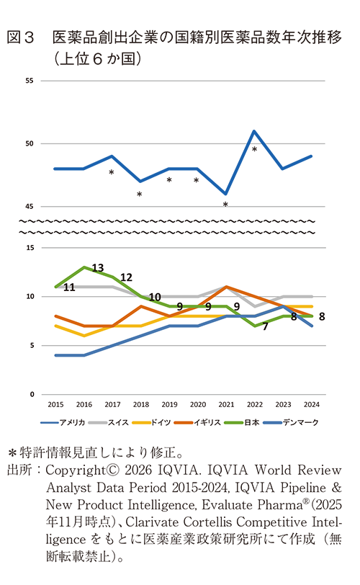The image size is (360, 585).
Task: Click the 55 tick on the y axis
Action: (x=30, y=81)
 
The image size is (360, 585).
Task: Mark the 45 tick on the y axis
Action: (x=30, y=206)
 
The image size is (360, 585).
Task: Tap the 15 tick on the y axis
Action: (x=30, y=248)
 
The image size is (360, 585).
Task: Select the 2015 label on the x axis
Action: (x=55, y=405)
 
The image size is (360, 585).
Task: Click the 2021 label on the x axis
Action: (x=226, y=405)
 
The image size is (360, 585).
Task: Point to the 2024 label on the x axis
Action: (x=311, y=405)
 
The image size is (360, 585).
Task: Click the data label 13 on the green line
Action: (x=98, y=267)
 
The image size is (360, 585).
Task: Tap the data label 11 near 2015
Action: (x=70, y=287)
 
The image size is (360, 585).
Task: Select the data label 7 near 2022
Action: (x=265, y=327)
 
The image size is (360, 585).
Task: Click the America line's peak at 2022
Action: (x=254, y=131)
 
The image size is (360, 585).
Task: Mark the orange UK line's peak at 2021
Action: (x=226, y=287)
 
